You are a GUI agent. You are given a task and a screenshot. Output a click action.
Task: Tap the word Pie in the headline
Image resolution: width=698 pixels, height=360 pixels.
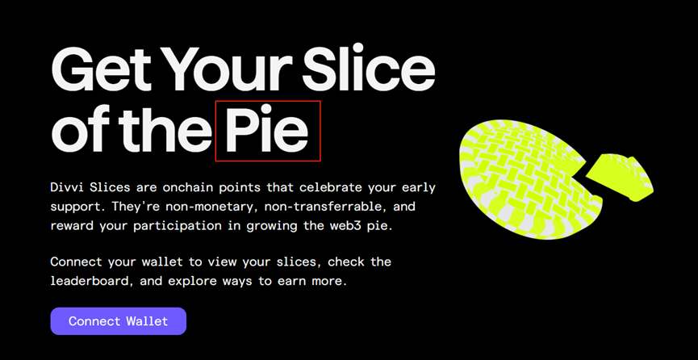tap(267, 130)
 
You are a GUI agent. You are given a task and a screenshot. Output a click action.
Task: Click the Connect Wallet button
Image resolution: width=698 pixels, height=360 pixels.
tap(118, 320)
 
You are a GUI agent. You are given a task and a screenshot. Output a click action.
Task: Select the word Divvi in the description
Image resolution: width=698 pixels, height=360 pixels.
tap(65, 187)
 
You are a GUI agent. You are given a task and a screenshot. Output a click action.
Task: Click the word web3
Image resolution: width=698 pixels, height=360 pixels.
tap(355, 226)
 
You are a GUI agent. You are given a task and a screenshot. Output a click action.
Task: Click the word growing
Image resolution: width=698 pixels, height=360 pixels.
tap(266, 226)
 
